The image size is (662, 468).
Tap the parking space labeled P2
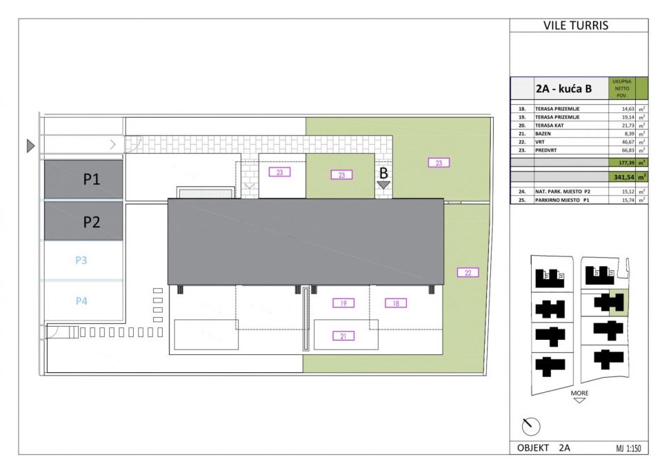[x=83, y=221]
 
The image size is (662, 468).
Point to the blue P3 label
[x=81, y=261]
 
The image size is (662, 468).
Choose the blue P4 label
[x=81, y=301]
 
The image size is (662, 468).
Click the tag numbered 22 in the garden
[x=468, y=273]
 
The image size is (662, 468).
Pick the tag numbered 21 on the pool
[x=343, y=336]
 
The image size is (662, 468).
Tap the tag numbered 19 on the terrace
[x=343, y=303]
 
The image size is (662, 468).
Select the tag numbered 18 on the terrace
[x=395, y=303]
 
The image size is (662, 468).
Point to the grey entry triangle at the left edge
[x=30, y=145]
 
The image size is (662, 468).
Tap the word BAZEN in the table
[x=544, y=134]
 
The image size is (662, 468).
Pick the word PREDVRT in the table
[x=548, y=150]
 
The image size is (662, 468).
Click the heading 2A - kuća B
[x=563, y=89]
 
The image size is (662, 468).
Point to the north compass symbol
[x=531, y=427]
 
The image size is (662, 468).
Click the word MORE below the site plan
[x=579, y=393]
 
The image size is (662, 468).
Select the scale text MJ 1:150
[x=628, y=448]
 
